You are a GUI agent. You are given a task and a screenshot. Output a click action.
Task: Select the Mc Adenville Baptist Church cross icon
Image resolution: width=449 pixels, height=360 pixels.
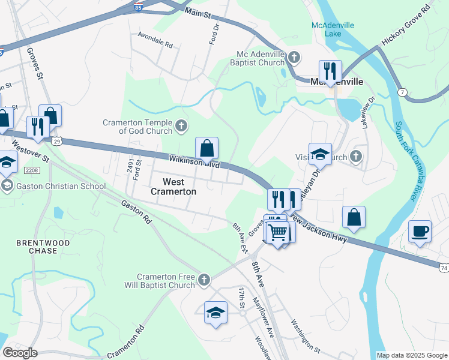294,58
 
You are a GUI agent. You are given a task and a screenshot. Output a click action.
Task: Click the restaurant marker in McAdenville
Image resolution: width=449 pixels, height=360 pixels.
330,71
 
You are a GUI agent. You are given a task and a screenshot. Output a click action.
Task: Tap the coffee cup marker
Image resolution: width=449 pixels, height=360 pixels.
420,231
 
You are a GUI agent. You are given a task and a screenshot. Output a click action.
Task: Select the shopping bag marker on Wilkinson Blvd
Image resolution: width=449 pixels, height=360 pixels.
206,148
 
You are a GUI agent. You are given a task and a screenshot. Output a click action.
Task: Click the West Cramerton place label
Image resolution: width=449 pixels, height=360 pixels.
173,186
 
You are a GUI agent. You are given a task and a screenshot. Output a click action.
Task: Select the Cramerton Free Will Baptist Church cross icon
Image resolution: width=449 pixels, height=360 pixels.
204,280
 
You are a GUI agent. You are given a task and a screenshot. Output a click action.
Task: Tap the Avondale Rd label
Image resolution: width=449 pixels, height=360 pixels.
155,45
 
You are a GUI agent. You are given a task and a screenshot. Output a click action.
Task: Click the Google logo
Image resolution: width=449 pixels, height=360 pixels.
20,353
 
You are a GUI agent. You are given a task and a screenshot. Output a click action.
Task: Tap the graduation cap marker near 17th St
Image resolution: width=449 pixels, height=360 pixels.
215,313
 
